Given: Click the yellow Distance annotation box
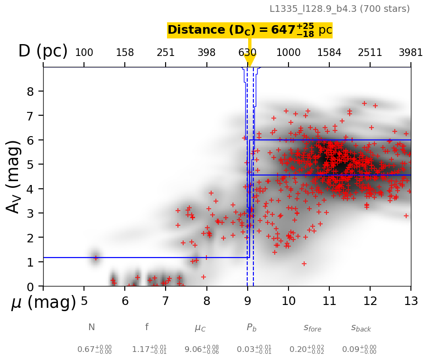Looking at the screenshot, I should tap(250, 30).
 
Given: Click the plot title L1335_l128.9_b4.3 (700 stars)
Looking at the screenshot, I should tap(339, 9).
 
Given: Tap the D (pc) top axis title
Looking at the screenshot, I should tap(43, 51).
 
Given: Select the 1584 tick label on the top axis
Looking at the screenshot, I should tap(329, 52).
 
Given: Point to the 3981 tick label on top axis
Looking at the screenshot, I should tap(410, 52).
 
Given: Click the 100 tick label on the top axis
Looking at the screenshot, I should tap(84, 52).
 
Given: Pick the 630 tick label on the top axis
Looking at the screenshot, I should tap(247, 52).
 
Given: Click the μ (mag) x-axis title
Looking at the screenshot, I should tap(44, 303).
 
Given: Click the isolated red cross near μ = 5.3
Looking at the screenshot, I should tap(96, 258).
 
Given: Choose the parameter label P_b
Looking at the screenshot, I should tap(251, 328).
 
